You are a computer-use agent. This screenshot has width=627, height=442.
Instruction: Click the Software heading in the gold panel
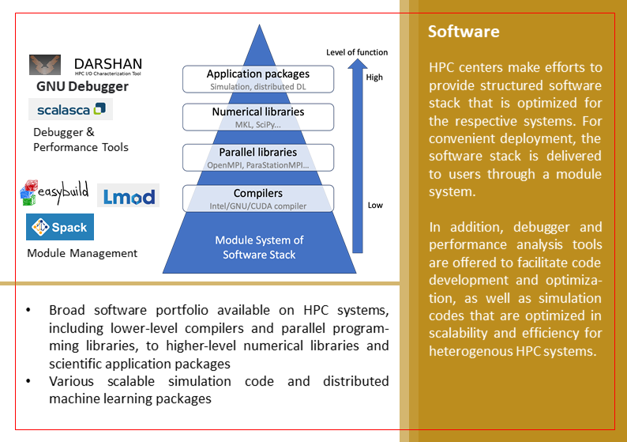point(464,32)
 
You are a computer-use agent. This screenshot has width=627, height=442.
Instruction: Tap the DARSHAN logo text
point(108,64)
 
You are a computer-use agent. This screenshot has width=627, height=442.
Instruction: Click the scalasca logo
point(70,109)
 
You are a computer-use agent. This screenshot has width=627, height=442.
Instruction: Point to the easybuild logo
point(54,192)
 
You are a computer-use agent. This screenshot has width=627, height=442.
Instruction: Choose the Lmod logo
point(128,195)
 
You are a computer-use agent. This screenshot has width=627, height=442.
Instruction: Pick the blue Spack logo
point(60,227)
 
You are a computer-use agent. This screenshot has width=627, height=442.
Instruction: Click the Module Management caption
point(82,254)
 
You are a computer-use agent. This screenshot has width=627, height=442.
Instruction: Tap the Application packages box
point(258,79)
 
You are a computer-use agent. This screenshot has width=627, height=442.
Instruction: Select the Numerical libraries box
point(258,117)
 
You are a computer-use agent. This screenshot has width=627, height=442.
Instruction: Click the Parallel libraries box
point(258,157)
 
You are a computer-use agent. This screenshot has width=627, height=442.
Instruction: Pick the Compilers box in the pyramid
point(258,198)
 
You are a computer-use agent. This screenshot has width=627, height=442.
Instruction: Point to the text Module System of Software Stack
point(258,247)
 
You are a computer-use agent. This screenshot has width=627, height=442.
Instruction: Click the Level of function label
point(357,52)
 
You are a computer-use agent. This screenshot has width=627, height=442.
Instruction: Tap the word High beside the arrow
point(374,77)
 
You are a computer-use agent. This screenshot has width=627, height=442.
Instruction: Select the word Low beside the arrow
point(375,206)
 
